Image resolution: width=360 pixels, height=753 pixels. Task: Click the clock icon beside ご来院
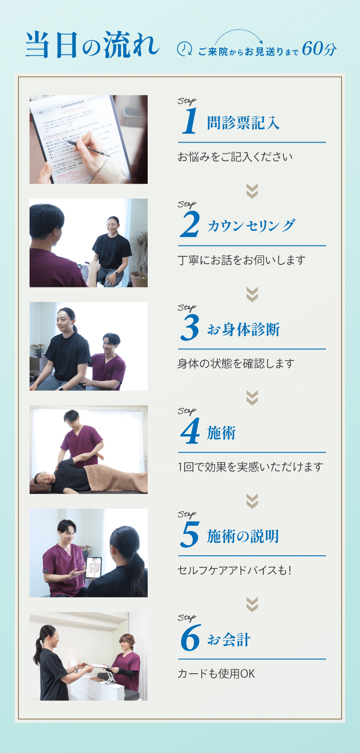[x=184, y=49]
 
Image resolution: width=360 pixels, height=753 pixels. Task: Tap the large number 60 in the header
[x=312, y=49]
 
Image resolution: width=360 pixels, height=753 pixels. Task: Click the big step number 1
[x=190, y=121]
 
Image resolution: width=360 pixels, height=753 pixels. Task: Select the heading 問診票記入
[x=243, y=123]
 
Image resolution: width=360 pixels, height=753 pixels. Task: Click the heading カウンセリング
[x=251, y=226]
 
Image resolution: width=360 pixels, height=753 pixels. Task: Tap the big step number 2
[x=190, y=224]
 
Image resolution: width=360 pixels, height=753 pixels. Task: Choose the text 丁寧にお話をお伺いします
[x=241, y=260]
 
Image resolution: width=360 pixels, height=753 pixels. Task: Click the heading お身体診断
[x=243, y=329]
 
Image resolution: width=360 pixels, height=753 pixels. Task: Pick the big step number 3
[x=190, y=328]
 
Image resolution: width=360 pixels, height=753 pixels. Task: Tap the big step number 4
[x=190, y=431]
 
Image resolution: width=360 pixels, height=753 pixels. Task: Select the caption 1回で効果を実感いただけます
[x=251, y=467]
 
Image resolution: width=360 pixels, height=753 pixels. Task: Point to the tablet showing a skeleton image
[x=93, y=568]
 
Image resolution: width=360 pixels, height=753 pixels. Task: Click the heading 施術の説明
[x=243, y=536]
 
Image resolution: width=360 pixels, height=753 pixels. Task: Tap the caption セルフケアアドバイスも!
[x=234, y=570]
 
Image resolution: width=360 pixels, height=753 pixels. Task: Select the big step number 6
[x=191, y=638]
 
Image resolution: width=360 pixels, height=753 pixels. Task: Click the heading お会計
[x=228, y=639]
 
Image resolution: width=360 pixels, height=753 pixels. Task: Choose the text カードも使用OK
[x=216, y=674]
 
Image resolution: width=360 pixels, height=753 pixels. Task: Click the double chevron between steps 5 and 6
[x=252, y=604]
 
